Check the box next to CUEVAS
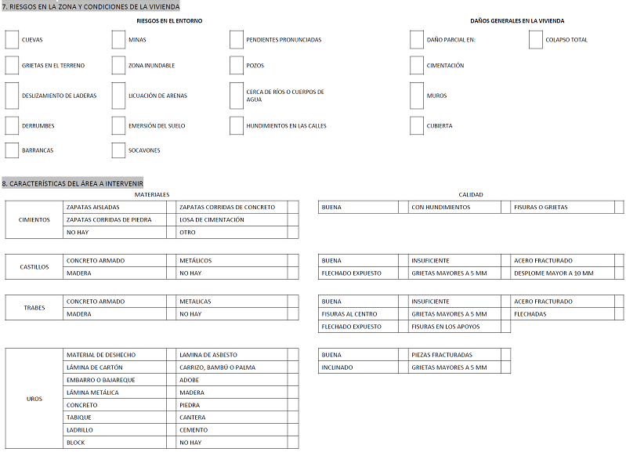[12, 39]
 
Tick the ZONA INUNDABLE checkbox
[118, 65]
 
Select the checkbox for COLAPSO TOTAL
[535, 39]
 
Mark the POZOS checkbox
[237, 65]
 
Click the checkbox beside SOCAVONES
[118, 150]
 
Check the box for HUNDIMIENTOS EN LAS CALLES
[237, 125]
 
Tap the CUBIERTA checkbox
[416, 125]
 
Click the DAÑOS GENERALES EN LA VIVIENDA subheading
[517, 21]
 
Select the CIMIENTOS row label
[34, 220]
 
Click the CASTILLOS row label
[34, 267]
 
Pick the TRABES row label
[34, 308]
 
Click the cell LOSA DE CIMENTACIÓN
[212, 220]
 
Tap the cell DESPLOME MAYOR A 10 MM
[553, 273]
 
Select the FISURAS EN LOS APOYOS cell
[443, 327]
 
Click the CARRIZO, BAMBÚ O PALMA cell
[217, 367]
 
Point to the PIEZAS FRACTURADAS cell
[442, 355]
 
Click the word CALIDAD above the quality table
[471, 194]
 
